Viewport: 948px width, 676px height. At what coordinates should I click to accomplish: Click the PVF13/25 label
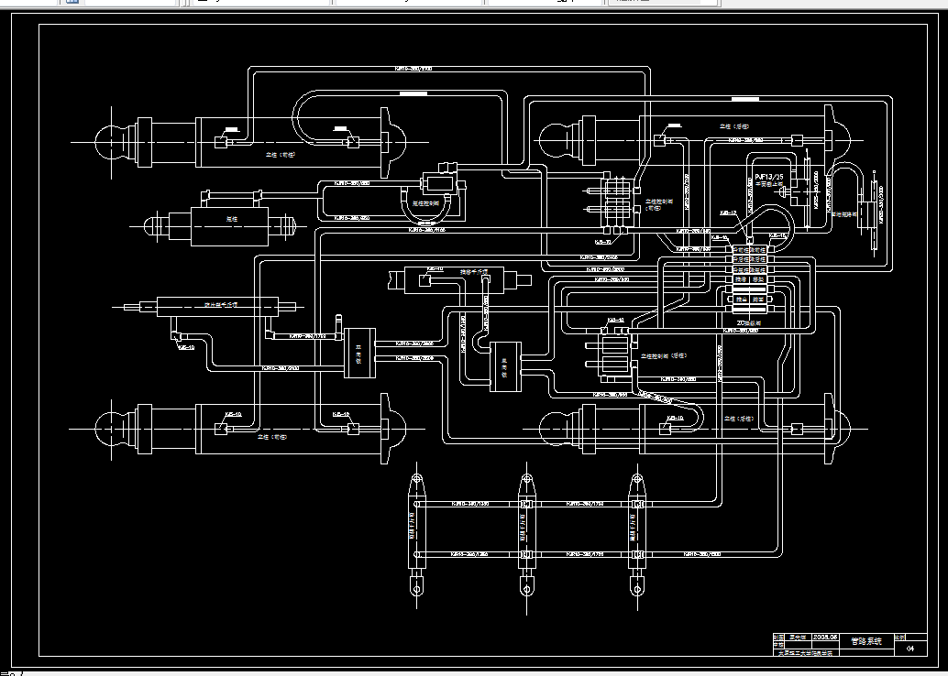pyautogui.click(x=768, y=175)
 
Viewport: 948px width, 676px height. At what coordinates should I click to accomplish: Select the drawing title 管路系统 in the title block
pyautogui.click(x=865, y=641)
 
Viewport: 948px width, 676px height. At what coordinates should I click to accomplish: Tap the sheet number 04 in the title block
pyautogui.click(x=910, y=649)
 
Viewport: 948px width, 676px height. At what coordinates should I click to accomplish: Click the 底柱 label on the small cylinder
pyautogui.click(x=233, y=219)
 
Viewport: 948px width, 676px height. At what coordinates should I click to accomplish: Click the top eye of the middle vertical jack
pyautogui.click(x=526, y=482)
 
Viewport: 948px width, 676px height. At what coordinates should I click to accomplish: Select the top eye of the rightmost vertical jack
pyautogui.click(x=635, y=482)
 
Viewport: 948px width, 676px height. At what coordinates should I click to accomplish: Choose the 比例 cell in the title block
pyautogui.click(x=899, y=636)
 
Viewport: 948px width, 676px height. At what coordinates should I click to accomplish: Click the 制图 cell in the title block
pyautogui.click(x=779, y=636)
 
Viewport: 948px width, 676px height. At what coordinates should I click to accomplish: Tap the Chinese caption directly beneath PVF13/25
pyautogui.click(x=768, y=184)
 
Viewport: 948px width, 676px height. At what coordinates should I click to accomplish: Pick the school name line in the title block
pyautogui.click(x=807, y=652)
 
